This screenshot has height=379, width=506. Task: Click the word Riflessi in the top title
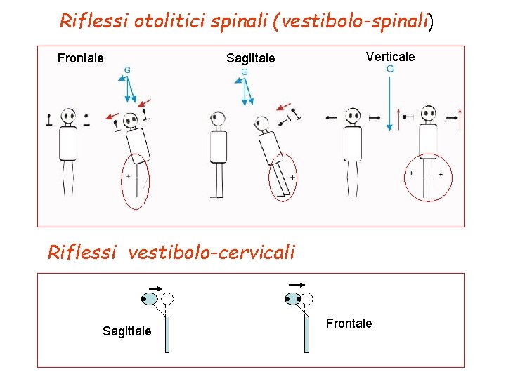84,20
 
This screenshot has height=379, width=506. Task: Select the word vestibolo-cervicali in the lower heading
212,252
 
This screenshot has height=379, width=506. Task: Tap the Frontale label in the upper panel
80,58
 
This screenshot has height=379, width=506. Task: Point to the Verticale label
390,57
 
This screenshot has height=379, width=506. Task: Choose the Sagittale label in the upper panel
250,58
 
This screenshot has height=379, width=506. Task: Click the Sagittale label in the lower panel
126,331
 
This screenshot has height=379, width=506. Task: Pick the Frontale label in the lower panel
349,324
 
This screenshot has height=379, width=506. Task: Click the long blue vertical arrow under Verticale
389,102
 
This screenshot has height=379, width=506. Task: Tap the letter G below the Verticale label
390,69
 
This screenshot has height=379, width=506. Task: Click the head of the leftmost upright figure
68,116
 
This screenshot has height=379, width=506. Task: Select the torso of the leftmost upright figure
68,144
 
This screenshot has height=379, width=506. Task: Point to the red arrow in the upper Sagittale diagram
283,107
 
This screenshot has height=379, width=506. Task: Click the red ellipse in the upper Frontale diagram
135,181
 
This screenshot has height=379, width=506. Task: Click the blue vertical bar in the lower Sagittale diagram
167,333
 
